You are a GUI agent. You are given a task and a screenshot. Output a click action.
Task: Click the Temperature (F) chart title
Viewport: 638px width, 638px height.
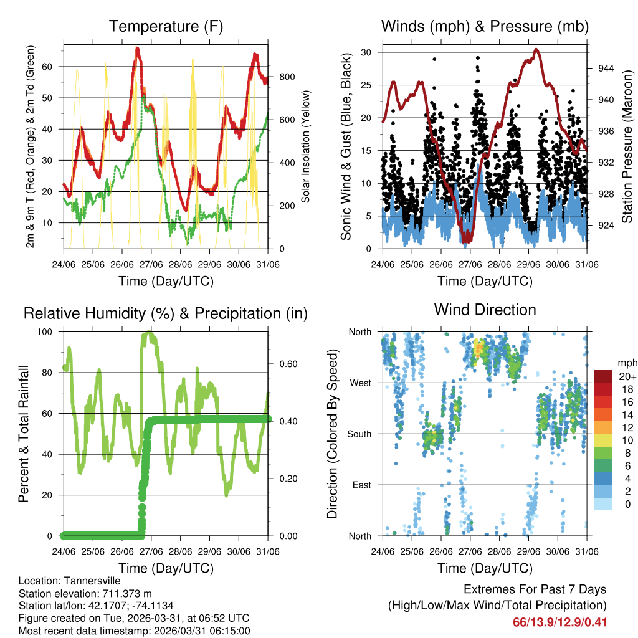[166, 26]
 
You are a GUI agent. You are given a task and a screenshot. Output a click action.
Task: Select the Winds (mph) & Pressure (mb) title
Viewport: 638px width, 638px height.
[485, 26]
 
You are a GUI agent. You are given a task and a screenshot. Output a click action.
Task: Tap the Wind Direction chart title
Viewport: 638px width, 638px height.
[485, 310]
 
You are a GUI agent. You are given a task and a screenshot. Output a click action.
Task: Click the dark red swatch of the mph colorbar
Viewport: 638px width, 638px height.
[602, 377]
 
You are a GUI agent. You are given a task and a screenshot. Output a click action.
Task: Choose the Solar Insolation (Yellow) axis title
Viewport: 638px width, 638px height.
[306, 147]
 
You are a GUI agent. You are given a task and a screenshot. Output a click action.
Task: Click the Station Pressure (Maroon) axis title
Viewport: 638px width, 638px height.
[627, 147]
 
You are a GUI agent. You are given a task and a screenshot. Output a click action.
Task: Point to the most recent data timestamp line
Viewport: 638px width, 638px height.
[134, 631]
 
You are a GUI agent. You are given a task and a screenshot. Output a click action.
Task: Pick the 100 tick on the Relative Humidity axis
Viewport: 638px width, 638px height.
[49, 331]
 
